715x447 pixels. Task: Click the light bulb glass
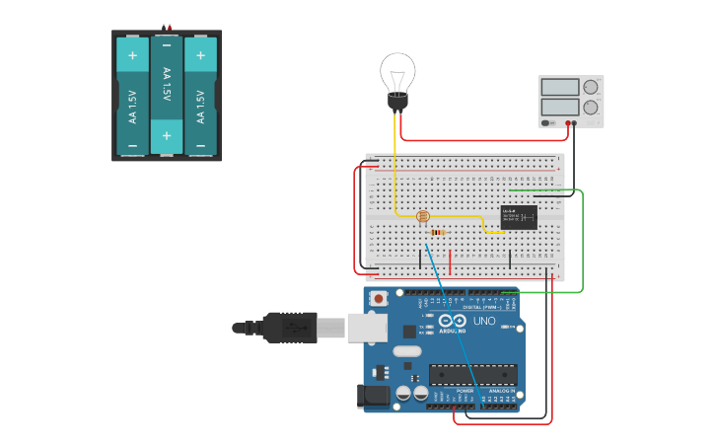click(397, 71)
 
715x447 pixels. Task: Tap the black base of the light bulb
click(397, 101)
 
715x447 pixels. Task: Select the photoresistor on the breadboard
click(423, 216)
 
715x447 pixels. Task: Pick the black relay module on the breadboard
click(519, 217)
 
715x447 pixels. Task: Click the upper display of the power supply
click(559, 87)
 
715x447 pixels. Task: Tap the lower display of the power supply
click(559, 106)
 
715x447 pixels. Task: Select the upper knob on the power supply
click(591, 87)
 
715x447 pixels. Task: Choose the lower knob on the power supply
click(591, 107)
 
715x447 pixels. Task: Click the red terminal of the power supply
click(570, 122)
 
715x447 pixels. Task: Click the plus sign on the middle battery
click(167, 135)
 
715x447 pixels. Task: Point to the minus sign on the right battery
click(200, 145)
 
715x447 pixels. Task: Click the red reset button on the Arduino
click(378, 298)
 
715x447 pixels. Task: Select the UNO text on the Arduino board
click(484, 322)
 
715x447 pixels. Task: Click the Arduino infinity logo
click(452, 321)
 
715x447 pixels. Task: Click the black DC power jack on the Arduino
click(372, 396)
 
